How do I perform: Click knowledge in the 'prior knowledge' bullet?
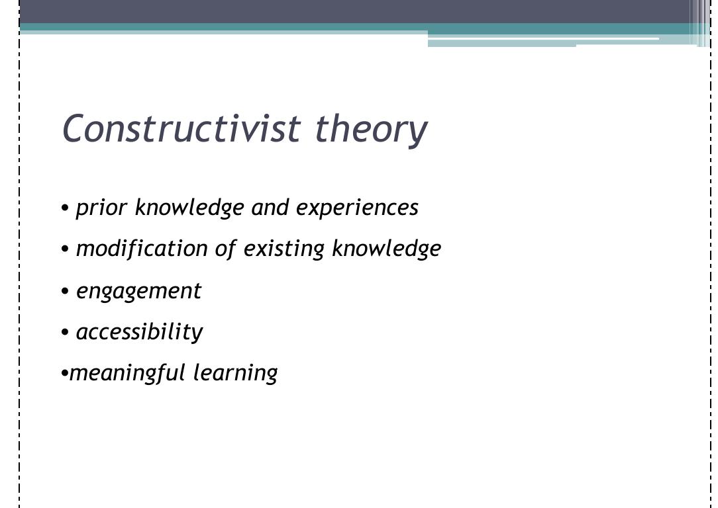click(189, 208)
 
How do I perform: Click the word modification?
click(142, 249)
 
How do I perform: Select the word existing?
click(284, 249)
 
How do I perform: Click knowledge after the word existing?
click(386, 249)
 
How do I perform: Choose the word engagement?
click(138, 291)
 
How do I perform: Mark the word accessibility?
click(139, 331)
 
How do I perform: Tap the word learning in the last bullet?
click(236, 373)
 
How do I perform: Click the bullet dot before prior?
click(65, 208)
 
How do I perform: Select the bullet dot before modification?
click(65, 249)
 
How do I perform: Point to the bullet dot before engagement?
click(65, 291)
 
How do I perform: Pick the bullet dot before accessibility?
click(65, 332)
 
